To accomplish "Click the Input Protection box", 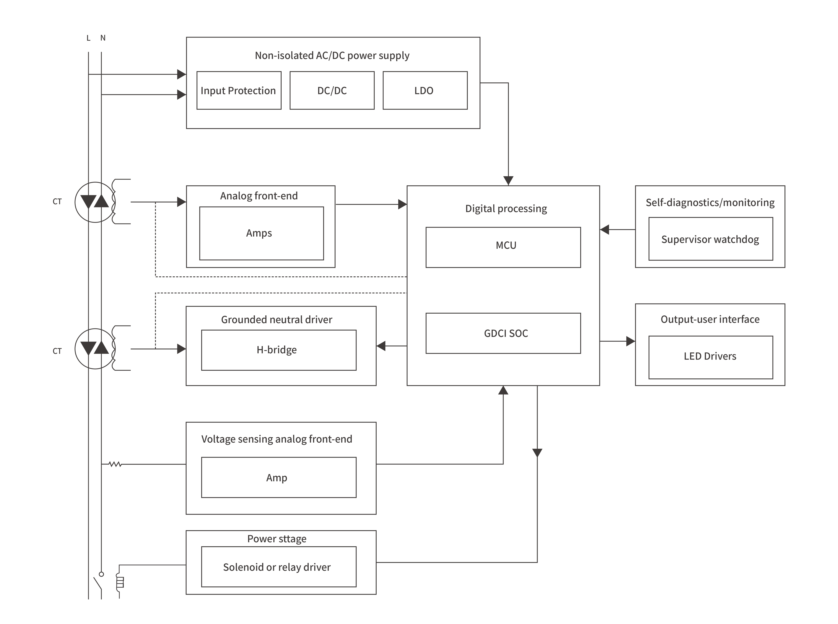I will click(x=239, y=91).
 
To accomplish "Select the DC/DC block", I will click(x=332, y=91).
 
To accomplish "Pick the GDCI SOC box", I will click(x=503, y=333).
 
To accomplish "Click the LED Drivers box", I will click(x=710, y=357).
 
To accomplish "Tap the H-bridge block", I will click(x=278, y=350).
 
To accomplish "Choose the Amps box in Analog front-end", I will click(x=261, y=233).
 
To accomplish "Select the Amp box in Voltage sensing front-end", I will click(x=278, y=477).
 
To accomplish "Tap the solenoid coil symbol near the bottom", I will click(x=120, y=582).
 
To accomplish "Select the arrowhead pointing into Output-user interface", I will click(x=630, y=341).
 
